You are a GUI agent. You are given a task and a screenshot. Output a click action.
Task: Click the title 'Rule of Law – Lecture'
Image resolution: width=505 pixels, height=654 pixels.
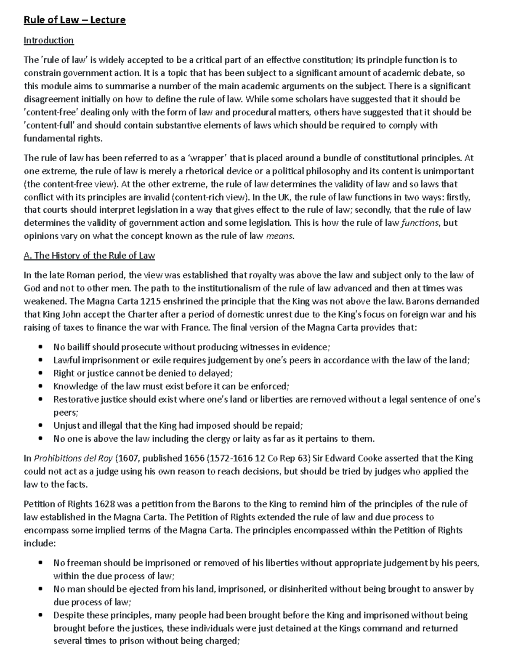click(74, 20)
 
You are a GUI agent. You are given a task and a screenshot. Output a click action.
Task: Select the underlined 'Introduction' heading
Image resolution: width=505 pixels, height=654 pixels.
click(48, 40)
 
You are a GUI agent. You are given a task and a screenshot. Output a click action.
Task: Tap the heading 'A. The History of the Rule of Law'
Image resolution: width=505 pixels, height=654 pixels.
click(89, 256)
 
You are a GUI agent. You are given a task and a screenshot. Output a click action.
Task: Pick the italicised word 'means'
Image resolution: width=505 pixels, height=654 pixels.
click(280, 236)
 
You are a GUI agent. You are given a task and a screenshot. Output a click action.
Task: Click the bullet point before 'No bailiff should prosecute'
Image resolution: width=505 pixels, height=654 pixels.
click(40, 347)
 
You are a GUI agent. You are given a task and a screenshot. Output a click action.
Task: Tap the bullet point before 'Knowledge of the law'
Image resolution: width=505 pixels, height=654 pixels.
click(40, 387)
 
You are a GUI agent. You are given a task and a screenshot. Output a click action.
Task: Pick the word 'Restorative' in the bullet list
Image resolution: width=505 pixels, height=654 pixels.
click(75, 400)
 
